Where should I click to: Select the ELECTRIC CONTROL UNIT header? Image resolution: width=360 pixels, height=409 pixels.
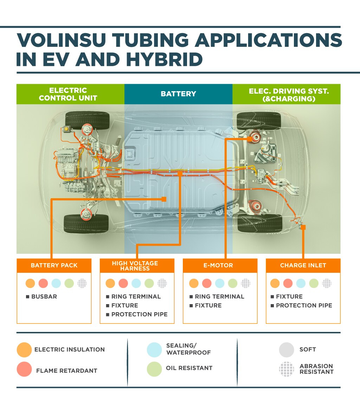(x=68, y=94)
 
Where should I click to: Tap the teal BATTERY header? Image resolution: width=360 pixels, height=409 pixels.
(x=178, y=94)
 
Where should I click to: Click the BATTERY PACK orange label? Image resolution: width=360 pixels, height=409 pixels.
(x=54, y=265)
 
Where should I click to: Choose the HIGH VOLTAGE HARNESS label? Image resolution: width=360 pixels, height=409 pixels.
(x=137, y=266)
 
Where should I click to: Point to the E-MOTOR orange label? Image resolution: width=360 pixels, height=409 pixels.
(x=220, y=265)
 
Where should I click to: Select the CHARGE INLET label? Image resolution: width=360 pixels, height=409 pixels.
(x=303, y=265)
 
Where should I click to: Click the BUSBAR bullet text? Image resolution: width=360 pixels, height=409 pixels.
(x=44, y=296)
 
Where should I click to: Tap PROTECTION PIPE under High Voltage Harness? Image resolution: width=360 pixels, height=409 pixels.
(x=139, y=314)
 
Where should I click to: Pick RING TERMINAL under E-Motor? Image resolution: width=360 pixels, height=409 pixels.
(x=219, y=296)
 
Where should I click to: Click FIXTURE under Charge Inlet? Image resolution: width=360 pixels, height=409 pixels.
(x=289, y=296)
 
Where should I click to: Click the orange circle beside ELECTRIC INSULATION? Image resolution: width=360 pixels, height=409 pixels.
(x=24, y=350)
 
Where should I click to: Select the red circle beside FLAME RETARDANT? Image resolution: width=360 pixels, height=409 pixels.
(x=24, y=369)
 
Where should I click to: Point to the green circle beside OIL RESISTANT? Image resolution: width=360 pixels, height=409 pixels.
(x=154, y=369)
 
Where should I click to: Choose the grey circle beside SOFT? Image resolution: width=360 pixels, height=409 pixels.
(x=286, y=350)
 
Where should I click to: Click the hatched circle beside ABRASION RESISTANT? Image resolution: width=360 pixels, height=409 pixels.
(x=286, y=369)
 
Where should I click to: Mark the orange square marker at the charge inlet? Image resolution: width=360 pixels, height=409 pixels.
(x=303, y=227)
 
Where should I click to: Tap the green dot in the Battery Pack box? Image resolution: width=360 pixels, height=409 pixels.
(x=69, y=283)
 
